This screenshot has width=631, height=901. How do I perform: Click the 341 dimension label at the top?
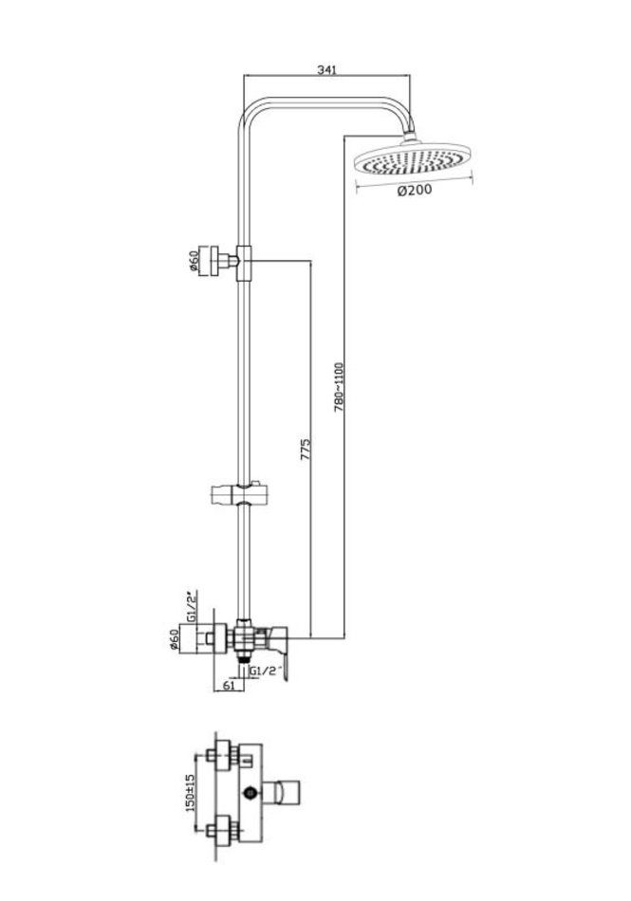point(326,69)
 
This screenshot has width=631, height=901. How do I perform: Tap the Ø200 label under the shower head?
point(415,191)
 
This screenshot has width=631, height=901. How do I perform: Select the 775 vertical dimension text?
point(306,450)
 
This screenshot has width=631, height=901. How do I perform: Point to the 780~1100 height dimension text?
point(339,387)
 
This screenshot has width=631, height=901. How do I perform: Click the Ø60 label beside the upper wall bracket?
point(194,261)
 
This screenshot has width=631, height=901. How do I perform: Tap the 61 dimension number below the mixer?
point(229,685)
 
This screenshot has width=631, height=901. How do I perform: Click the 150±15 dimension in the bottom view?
point(190,792)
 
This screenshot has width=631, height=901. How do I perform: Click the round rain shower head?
point(413,158)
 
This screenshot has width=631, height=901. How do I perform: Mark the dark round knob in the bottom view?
point(251,794)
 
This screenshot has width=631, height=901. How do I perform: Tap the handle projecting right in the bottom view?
point(282,794)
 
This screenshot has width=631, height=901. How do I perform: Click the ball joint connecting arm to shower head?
point(410,137)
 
